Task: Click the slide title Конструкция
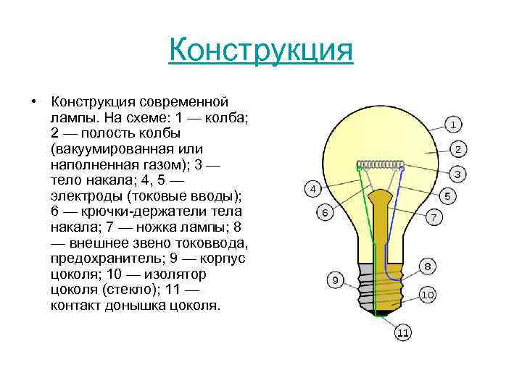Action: (x=260, y=51)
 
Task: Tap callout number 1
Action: (x=453, y=125)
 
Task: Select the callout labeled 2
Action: (x=458, y=150)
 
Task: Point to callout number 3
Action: (x=458, y=174)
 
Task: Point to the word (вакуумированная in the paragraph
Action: (x=106, y=149)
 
